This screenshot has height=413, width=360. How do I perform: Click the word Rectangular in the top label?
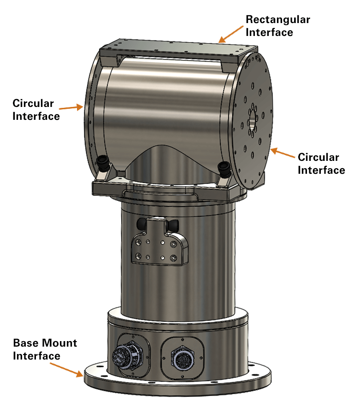click(277, 20)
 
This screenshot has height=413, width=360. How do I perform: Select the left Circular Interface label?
click(36, 110)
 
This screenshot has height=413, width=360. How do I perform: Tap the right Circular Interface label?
click(321, 164)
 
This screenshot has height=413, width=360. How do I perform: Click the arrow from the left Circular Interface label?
click(71, 107)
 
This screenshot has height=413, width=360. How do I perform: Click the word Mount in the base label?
click(59, 343)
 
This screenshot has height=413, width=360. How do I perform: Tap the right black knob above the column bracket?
click(173, 225)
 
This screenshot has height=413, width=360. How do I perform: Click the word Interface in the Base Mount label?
click(36, 356)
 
